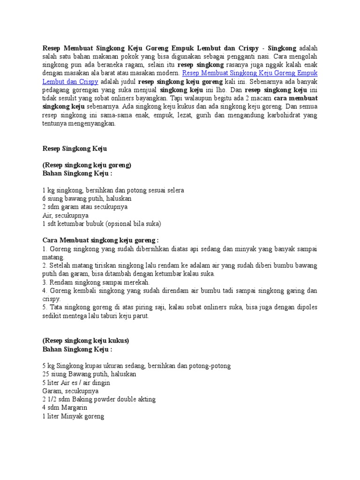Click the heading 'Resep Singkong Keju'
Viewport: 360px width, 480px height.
[75, 149]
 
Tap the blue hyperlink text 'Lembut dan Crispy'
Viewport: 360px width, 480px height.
[68, 82]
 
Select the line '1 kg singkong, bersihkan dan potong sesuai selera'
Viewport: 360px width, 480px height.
[113, 190]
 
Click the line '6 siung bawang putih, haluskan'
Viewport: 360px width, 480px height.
[87, 199]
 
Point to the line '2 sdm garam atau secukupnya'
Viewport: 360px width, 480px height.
[84, 207]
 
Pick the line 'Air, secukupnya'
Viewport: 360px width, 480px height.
[65, 215]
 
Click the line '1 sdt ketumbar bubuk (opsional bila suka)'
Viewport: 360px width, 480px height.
[101, 224]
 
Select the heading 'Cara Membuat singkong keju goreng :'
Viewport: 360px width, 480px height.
[100, 240]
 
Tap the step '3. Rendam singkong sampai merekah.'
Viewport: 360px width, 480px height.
[96, 282]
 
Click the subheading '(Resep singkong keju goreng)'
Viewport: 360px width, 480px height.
[86, 165]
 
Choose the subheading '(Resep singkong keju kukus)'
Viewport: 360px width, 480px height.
[85, 341]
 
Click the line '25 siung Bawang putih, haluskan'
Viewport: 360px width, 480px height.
[89, 374]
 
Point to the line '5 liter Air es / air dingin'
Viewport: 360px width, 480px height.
[76, 382]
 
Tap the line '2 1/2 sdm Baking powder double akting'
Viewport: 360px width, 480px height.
[98, 399]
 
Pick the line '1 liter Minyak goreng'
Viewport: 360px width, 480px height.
[73, 416]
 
